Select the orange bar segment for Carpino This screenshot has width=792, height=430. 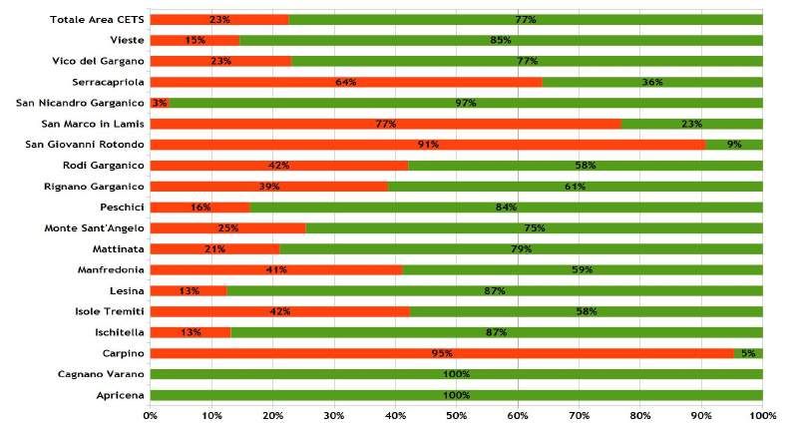(x=442, y=353)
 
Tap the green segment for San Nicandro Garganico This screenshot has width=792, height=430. (x=466, y=103)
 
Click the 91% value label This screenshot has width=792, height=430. (x=428, y=145)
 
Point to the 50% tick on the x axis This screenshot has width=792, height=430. (x=457, y=415)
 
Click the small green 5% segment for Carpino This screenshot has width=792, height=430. (x=748, y=353)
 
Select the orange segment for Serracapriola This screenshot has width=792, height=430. (x=345, y=82)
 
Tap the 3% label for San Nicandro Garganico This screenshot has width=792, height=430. (x=159, y=103)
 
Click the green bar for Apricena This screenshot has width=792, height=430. (x=456, y=395)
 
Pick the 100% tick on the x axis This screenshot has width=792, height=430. (x=762, y=415)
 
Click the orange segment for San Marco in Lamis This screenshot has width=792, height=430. (x=385, y=124)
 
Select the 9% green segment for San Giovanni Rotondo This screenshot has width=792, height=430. (x=734, y=145)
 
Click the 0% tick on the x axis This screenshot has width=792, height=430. (x=151, y=415)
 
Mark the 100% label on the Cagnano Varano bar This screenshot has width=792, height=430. (x=456, y=374)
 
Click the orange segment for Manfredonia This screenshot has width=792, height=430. (x=276, y=269)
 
